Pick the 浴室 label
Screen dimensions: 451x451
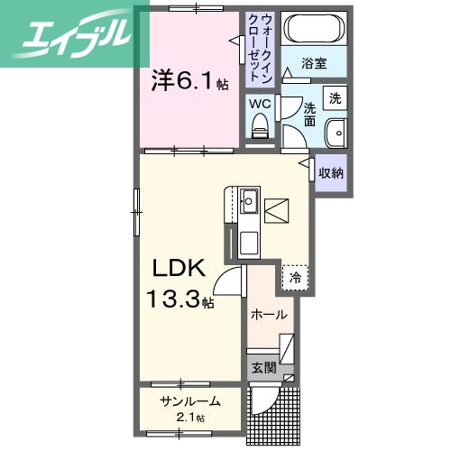[313, 64]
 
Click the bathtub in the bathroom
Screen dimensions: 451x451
[312, 30]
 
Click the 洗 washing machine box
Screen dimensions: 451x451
[335, 98]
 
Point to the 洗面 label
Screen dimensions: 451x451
[309, 114]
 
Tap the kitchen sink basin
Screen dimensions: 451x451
[248, 200]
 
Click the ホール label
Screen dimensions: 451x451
[269, 315]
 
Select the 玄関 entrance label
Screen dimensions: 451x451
[263, 367]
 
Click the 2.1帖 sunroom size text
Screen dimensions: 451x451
[189, 418]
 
